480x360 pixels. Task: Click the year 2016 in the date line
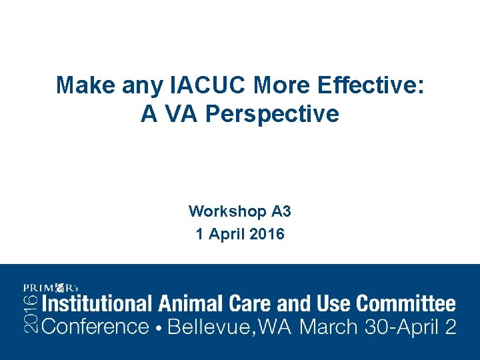click(x=269, y=235)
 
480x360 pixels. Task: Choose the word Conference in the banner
click(x=95, y=327)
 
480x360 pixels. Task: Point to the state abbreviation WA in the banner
click(x=276, y=327)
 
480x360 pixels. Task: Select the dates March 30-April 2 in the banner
click(x=379, y=327)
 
